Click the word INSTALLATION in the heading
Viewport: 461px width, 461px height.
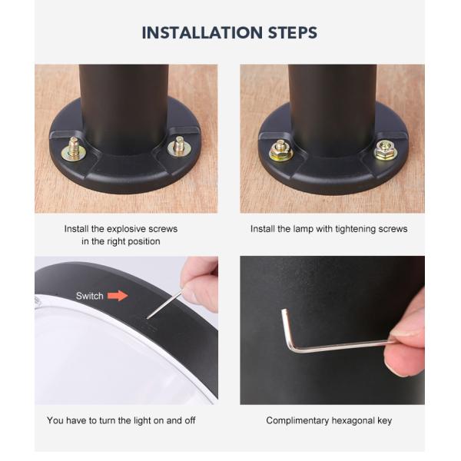(x=202, y=32)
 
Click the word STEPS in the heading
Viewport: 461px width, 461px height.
(x=293, y=32)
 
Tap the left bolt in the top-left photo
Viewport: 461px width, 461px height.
(x=74, y=150)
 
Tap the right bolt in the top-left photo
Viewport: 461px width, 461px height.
(x=179, y=147)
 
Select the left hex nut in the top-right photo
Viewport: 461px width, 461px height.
(x=281, y=151)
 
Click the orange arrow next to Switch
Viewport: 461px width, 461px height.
(x=118, y=296)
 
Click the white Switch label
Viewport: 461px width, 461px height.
(x=90, y=296)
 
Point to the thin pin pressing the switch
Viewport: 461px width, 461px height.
(x=165, y=304)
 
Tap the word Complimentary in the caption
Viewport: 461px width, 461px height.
(x=297, y=420)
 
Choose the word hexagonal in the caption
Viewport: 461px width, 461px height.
(x=353, y=421)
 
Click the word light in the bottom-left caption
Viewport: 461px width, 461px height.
(x=142, y=420)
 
